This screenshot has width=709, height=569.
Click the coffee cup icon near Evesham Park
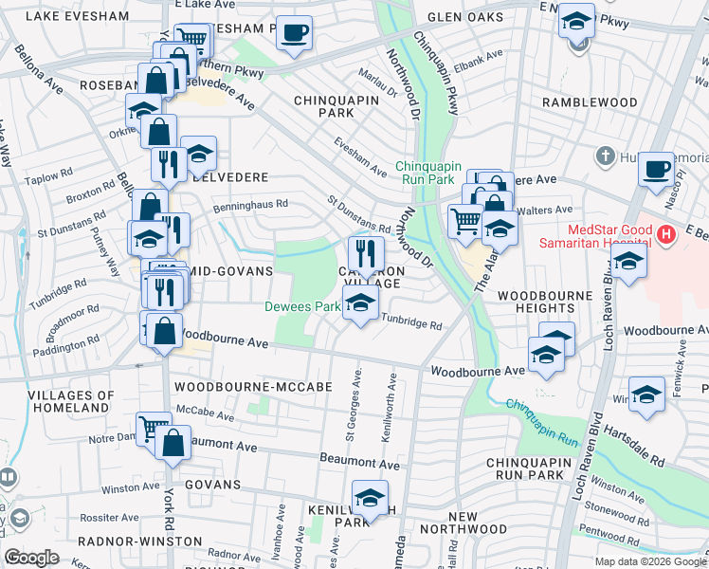click(x=293, y=33)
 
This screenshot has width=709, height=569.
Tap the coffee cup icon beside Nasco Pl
click(x=656, y=170)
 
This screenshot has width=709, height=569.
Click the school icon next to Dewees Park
click(x=359, y=303)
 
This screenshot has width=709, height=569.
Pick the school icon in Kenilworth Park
click(x=370, y=497)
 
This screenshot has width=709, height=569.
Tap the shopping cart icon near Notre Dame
click(x=154, y=429)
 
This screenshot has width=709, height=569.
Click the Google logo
click(x=32, y=558)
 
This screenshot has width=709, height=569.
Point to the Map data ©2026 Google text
click(x=649, y=561)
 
